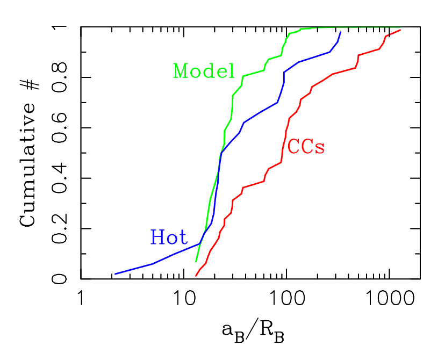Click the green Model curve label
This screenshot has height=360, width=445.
204,71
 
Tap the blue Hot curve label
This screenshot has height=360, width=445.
168,237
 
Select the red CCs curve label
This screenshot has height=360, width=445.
306,147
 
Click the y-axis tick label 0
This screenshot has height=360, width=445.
63,279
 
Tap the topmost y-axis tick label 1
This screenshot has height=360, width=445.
63,27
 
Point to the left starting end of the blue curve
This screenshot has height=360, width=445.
115,274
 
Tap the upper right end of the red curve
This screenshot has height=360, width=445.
400,30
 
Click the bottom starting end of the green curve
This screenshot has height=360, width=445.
196,262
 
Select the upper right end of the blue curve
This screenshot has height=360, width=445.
340,32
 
